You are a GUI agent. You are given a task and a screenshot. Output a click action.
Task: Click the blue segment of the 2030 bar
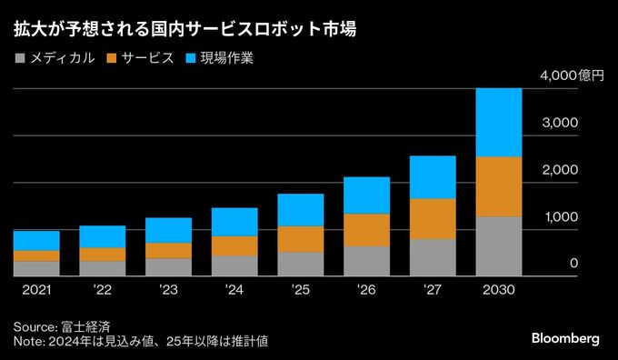tap(499, 122)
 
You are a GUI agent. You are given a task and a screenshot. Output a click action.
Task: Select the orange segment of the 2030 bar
tap(499, 186)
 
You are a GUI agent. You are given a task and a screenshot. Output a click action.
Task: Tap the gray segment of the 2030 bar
tap(499, 245)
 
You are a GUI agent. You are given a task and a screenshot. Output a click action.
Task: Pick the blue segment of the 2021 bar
tap(36, 240)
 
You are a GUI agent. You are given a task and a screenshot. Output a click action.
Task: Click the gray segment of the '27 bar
tap(433, 256)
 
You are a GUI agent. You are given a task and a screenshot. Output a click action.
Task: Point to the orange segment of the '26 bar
tap(366, 230)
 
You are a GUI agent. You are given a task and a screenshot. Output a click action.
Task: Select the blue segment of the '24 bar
tap(234, 222)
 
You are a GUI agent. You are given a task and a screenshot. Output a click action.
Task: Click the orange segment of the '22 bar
tap(103, 255)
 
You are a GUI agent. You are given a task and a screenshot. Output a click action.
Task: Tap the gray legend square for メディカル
tap(20, 59)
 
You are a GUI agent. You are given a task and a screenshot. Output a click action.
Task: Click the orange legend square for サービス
tap(113, 59)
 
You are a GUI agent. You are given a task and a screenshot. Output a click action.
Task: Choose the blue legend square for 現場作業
tap(193, 59)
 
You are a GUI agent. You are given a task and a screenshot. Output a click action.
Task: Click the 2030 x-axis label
tap(499, 290)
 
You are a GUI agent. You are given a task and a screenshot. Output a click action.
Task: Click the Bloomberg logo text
tap(564, 338)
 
